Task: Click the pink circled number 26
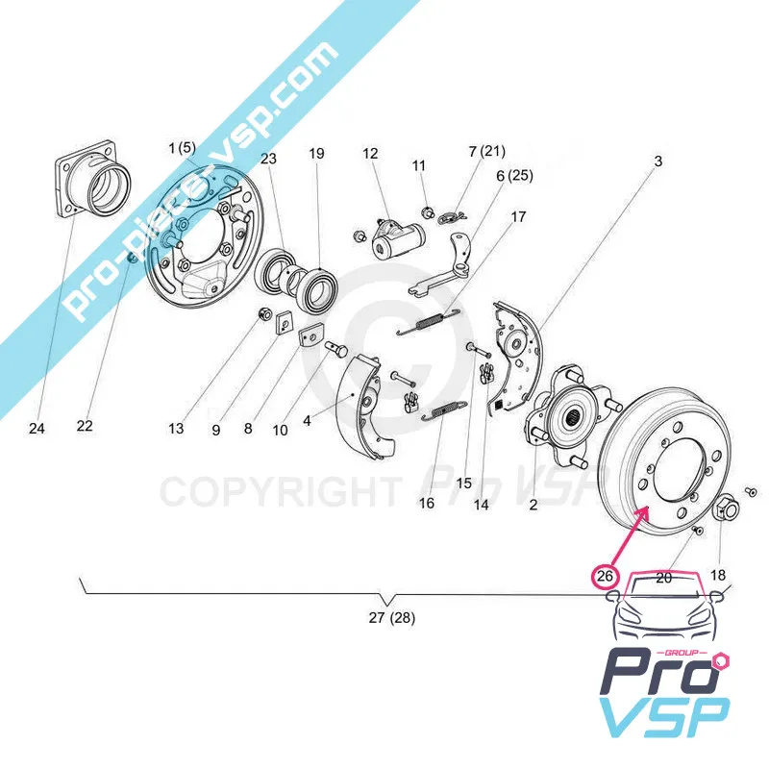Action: pos(604,577)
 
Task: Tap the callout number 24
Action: pos(37,429)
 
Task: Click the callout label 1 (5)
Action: pos(181,149)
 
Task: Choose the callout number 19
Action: pos(316,154)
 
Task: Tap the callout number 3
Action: pos(657,162)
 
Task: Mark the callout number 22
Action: pos(85,426)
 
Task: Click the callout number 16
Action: pos(427,503)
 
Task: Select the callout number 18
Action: pos(718,576)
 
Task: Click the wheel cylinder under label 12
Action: pos(393,240)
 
